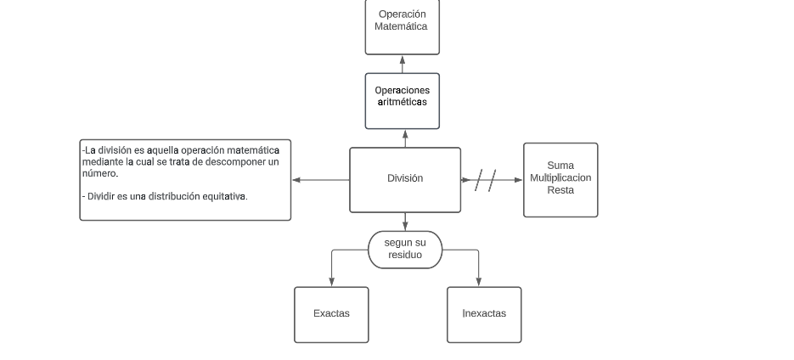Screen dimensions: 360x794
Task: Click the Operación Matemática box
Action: coord(402,25)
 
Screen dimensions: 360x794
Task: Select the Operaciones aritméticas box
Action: coord(402,101)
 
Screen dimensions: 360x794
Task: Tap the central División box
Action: coord(405,179)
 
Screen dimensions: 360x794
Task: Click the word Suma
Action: coord(560,166)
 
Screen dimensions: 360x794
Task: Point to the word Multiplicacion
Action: coord(560,178)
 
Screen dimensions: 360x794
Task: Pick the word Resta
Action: coord(560,190)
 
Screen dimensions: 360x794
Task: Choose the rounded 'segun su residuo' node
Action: coord(405,249)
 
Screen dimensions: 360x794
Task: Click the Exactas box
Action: coord(331,314)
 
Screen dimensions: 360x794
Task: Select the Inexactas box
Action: coord(484,314)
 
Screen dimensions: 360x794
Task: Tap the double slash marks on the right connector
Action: coord(486,180)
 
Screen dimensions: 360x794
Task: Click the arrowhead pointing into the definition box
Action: coord(296,180)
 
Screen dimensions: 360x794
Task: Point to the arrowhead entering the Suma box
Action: coord(518,180)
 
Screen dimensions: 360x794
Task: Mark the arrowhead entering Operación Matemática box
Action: coord(403,60)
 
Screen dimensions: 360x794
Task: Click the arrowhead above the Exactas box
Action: coord(331,282)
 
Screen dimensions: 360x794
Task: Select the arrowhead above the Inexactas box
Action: coord(479,282)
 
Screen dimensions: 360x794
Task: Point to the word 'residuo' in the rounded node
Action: coord(405,255)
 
